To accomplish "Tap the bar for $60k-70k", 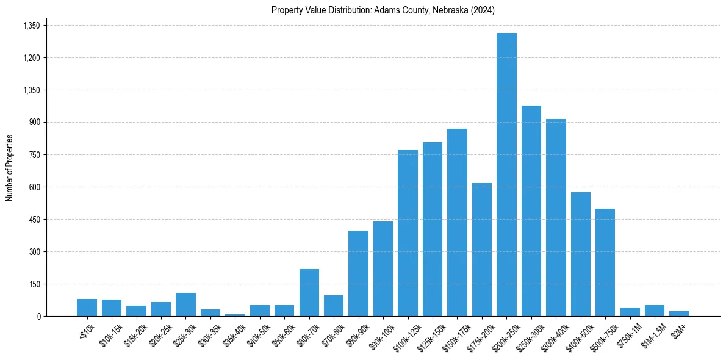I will (309, 293).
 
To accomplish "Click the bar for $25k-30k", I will (185, 304).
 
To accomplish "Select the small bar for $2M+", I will (679, 314).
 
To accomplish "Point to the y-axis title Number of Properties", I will (10, 168).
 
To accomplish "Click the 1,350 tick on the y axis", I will (31, 26).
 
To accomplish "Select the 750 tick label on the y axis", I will (34, 155).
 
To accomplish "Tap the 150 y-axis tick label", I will (34, 284).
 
